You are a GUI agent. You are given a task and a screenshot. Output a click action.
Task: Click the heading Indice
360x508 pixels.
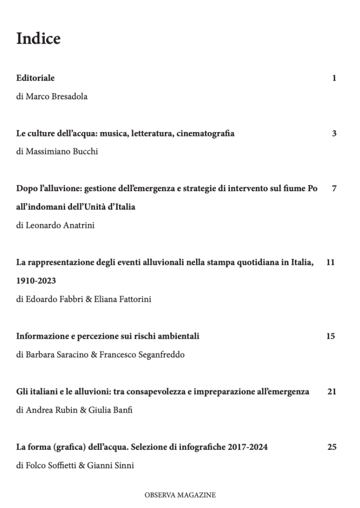click(38, 39)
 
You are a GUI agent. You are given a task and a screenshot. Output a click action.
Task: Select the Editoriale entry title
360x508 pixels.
click(35, 78)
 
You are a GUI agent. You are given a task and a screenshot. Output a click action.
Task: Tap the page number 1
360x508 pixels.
click(334, 78)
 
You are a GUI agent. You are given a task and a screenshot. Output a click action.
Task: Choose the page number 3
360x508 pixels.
click(334, 133)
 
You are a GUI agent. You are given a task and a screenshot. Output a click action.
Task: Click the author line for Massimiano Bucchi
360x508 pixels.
click(57, 151)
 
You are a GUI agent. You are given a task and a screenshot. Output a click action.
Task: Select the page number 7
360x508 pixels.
click(334, 189)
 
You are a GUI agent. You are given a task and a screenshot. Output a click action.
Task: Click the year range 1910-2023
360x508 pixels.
click(36, 281)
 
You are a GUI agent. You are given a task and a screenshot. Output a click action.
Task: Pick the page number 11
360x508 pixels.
click(331, 262)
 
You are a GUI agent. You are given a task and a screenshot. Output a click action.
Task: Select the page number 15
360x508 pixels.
click(331, 336)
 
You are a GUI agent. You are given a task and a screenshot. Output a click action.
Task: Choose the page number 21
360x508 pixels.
click(332, 391)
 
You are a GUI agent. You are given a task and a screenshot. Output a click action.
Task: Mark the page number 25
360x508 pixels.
click(332, 447)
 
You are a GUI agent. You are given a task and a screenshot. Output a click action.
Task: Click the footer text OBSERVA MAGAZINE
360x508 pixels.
click(180, 495)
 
